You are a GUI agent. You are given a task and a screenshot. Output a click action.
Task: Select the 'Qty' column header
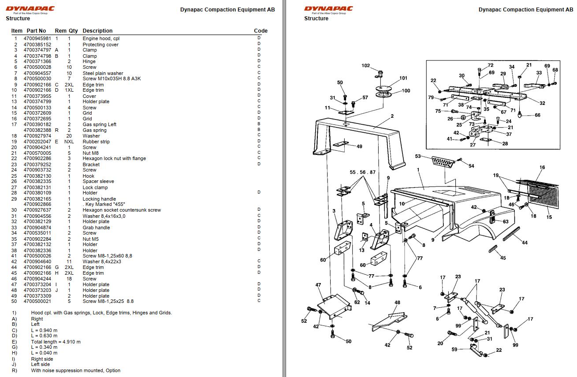click(x=73, y=31)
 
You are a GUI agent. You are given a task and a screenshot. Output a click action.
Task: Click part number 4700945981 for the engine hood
click(x=37, y=39)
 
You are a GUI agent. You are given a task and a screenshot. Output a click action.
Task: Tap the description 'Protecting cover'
click(x=101, y=45)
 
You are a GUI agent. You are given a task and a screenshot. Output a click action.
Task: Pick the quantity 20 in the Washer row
click(x=69, y=136)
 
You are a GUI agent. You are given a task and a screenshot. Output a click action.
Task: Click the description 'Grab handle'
click(x=96, y=228)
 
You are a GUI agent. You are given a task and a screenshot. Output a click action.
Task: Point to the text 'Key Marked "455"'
click(x=104, y=205)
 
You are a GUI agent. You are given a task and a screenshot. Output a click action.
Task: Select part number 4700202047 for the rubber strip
click(x=37, y=142)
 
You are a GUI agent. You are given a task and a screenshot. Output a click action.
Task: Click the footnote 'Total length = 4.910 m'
click(x=56, y=342)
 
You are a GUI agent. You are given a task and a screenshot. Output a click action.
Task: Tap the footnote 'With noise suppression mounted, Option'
click(x=75, y=370)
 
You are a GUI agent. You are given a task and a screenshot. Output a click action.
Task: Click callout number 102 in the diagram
click(x=365, y=66)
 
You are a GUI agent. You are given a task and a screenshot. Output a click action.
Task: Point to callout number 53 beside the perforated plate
click(x=418, y=157)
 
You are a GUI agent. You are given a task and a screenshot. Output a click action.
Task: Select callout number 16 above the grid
click(x=542, y=168)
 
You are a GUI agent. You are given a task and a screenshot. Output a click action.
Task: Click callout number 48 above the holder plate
click(x=397, y=302)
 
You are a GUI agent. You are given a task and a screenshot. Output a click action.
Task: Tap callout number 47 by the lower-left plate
click(x=318, y=285)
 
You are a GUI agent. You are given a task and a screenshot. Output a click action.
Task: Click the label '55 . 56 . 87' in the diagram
click(x=362, y=172)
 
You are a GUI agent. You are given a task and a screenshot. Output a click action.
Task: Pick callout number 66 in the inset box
click(x=537, y=116)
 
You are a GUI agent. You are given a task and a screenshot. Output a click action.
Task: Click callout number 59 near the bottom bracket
click(x=454, y=350)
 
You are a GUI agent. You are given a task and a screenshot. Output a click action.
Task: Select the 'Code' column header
click(x=261, y=31)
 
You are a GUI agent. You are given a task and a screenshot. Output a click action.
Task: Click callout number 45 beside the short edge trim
click(x=503, y=258)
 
